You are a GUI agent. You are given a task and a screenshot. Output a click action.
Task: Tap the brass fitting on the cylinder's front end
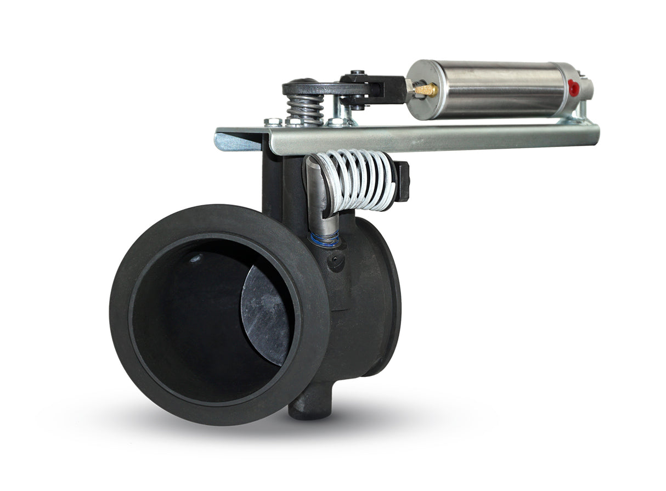[426, 89]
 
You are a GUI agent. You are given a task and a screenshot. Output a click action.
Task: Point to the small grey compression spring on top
[306, 108]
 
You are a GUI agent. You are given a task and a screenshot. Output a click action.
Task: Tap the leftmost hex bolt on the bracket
[273, 121]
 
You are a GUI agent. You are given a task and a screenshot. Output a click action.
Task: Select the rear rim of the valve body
[390, 296]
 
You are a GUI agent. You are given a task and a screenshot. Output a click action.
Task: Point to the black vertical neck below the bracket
[280, 181]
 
